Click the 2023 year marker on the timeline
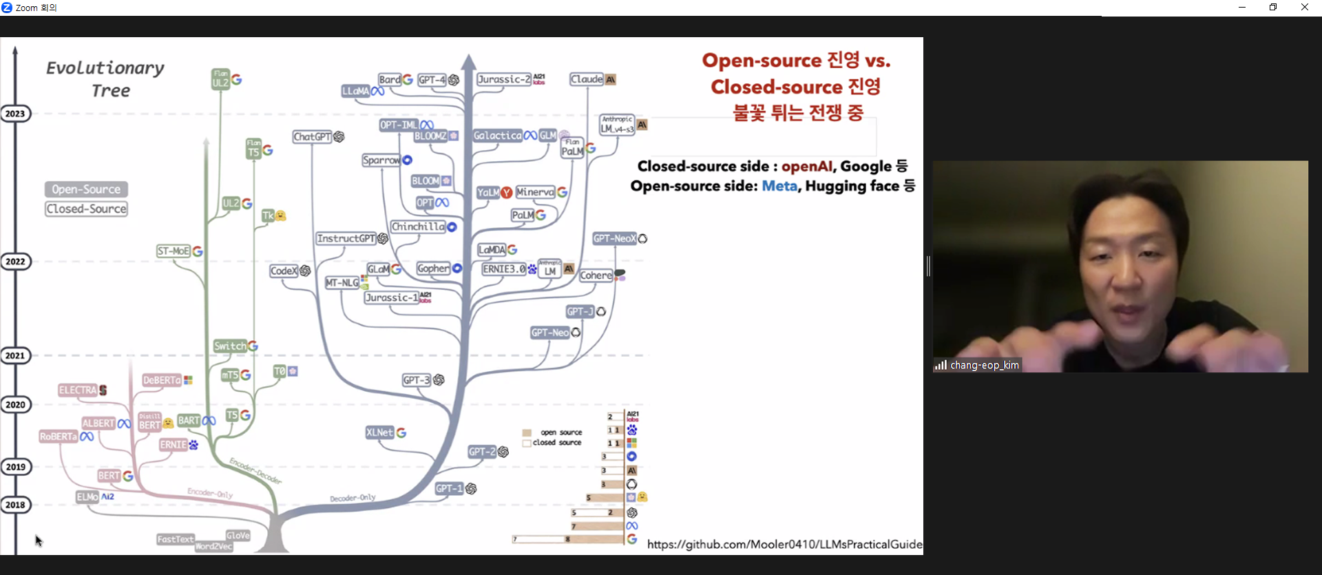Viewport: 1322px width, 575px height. click(x=15, y=114)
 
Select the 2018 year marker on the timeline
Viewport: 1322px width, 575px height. click(x=15, y=505)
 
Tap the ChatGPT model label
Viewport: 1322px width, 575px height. click(x=313, y=137)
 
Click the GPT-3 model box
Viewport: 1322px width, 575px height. click(x=417, y=380)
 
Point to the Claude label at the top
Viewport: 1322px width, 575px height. click(x=587, y=79)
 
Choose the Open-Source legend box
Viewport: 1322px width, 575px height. click(x=86, y=189)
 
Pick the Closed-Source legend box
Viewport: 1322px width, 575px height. click(x=87, y=209)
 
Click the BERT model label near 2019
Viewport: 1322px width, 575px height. click(x=109, y=476)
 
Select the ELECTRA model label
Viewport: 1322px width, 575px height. click(x=78, y=390)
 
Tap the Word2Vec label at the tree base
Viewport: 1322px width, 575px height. click(x=213, y=547)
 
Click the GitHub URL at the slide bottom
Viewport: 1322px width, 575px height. click(x=784, y=544)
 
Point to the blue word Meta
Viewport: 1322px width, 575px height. click(x=779, y=186)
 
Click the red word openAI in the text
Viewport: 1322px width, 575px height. click(x=806, y=166)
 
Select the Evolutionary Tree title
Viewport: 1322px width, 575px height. click(x=105, y=79)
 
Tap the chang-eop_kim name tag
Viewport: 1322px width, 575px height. click(x=984, y=365)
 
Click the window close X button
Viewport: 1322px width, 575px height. click(x=1304, y=8)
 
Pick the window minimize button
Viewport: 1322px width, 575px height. click(x=1242, y=8)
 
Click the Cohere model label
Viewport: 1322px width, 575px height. click(x=596, y=275)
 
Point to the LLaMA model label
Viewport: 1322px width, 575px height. click(x=356, y=91)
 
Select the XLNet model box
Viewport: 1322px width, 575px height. click(x=379, y=432)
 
